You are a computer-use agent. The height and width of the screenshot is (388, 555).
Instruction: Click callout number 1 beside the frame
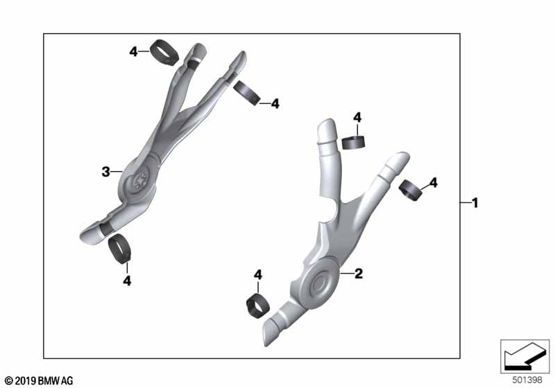pyautogui.click(x=475, y=203)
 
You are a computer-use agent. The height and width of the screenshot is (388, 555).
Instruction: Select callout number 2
pyautogui.click(x=359, y=273)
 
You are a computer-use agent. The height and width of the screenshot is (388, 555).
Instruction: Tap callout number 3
pyautogui.click(x=105, y=172)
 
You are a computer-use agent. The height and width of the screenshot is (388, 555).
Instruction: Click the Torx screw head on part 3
pyautogui.click(x=142, y=182)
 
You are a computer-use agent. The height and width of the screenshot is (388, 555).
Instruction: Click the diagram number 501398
pyautogui.click(x=527, y=380)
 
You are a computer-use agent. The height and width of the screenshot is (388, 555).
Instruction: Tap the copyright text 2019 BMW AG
pyautogui.click(x=39, y=380)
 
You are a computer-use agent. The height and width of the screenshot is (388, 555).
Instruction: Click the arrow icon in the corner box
pyautogui.click(x=524, y=356)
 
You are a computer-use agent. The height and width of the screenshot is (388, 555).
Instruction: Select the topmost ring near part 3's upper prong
pyautogui.click(x=164, y=52)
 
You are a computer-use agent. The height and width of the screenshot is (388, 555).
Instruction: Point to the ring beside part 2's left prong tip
pyautogui.click(x=354, y=142)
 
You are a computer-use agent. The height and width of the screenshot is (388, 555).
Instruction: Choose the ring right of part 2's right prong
pyautogui.click(x=411, y=191)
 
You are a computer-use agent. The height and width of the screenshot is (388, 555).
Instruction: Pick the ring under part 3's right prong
pyautogui.click(x=246, y=93)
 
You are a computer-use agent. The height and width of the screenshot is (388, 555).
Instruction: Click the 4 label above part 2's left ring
pyautogui.click(x=357, y=118)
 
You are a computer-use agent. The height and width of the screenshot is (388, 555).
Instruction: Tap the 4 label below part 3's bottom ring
pyautogui.click(x=127, y=281)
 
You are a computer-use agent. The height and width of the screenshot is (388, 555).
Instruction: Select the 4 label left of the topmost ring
pyautogui.click(x=133, y=52)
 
